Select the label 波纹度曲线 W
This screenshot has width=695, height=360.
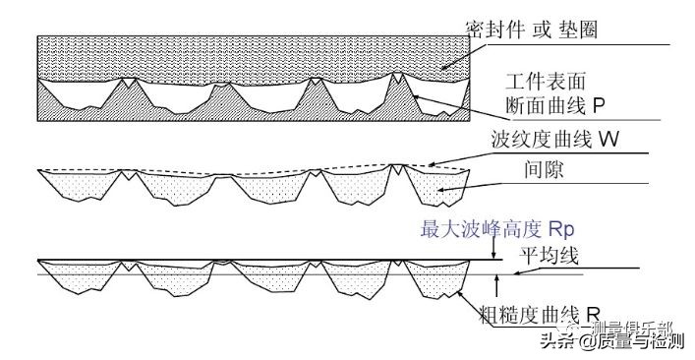[x=555, y=139]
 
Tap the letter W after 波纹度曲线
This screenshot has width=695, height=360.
[x=608, y=139]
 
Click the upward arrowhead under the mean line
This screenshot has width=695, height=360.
[x=498, y=279]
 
